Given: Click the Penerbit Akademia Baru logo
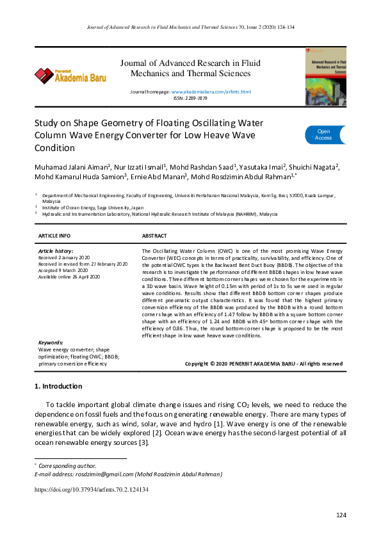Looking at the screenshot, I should tap(70, 76).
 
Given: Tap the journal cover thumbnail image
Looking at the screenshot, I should tap(325, 76).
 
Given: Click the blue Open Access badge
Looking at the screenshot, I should tap(324, 134).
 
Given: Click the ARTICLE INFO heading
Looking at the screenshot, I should tap(55, 236).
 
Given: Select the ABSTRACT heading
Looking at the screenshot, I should tap(154, 236).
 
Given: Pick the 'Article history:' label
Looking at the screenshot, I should tap(56, 252).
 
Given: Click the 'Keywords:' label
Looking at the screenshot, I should tap(51, 343).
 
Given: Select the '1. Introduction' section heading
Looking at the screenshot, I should tap(58, 387).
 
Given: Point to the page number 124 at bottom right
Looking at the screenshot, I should tap(341, 515).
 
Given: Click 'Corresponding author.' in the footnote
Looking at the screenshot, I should tap(68, 465).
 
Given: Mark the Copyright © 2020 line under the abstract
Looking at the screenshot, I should tap(263, 364).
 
